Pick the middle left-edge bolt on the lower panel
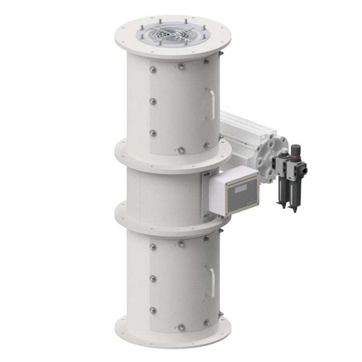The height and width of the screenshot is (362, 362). point(153,278)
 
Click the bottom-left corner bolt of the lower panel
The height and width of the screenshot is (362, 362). point(153,310)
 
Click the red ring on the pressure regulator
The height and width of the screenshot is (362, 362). point(295,157)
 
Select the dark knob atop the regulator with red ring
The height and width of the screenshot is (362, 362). point(295,150)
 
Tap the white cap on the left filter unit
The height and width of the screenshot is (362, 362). point(283,153)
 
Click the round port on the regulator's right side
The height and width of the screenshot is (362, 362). point(305,171)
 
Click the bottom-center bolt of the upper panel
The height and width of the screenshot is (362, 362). point(181,150)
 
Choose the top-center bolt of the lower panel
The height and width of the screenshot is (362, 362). point(181,244)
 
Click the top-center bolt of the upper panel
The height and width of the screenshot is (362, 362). point(181,67)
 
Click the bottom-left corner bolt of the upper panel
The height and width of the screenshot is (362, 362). point(153,133)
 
